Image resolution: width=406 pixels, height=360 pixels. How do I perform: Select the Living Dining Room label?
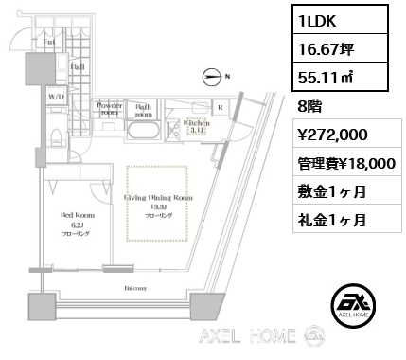tap(159, 198)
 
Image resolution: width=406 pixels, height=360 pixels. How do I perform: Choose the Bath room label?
tap(144, 110)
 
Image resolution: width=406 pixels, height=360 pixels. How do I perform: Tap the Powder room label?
tap(110, 110)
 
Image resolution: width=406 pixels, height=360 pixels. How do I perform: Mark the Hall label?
tap(79, 68)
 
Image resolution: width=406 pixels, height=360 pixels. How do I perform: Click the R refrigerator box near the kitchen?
tap(221, 108)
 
